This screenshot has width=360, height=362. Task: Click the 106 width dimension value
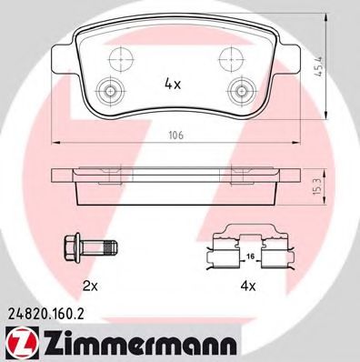(x=176, y=135)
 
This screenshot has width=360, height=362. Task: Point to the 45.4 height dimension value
(x=319, y=66)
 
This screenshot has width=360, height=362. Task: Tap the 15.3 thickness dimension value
(x=319, y=186)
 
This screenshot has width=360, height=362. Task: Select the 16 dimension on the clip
(x=250, y=256)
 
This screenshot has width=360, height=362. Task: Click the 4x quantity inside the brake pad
(x=173, y=84)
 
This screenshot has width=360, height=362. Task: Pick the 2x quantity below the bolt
(x=90, y=286)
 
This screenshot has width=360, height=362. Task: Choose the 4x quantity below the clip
(x=248, y=286)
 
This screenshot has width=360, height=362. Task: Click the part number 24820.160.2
(x=45, y=315)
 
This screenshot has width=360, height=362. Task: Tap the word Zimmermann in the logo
(x=140, y=344)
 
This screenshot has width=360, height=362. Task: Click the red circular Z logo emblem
(x=22, y=344)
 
